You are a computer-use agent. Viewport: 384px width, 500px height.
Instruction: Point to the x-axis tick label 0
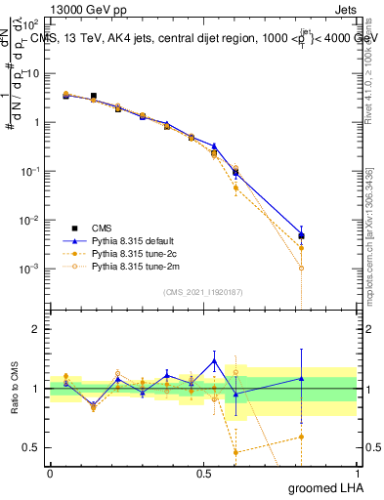click(x=50, y=472)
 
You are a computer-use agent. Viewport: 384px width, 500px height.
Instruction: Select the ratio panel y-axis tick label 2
click(x=36, y=330)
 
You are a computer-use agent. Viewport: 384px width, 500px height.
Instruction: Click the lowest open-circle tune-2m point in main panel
click(x=302, y=268)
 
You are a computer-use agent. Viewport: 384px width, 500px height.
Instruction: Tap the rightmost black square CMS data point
click(x=302, y=236)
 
